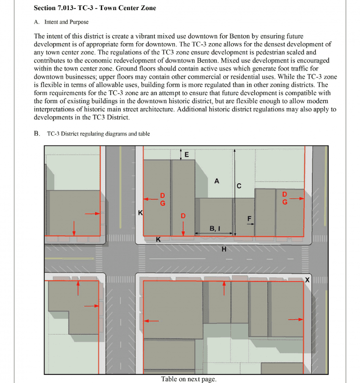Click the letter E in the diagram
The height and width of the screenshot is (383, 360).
pyautogui.click(x=186, y=155)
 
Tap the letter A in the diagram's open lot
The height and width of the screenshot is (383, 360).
pyautogui.click(x=217, y=181)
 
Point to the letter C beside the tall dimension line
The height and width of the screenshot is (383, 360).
pyautogui.click(x=239, y=186)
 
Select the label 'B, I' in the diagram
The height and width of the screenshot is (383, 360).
pyautogui.click(x=215, y=228)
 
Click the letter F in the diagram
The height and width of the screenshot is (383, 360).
pyautogui.click(x=249, y=218)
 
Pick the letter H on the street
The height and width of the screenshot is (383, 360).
pyautogui.click(x=224, y=249)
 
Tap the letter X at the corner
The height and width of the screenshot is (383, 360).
pyautogui.click(x=308, y=279)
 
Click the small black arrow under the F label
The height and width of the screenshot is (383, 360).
pyautogui.click(x=249, y=224)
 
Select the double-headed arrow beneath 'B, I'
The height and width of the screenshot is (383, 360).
pyautogui.click(x=215, y=234)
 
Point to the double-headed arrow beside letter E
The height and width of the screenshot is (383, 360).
pyautogui.click(x=180, y=154)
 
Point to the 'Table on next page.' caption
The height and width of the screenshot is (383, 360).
pyautogui.click(x=189, y=379)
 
